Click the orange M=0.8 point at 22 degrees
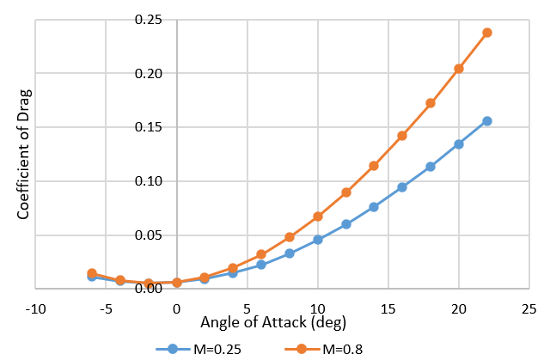coord(487,33)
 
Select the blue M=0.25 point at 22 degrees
coord(487,121)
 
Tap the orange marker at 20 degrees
coord(459,69)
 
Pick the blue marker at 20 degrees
coord(459,144)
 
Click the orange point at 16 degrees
coord(402,136)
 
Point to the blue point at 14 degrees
coord(374,207)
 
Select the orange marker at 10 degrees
coord(318,217)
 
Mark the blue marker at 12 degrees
coord(346,224)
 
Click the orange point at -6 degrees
coord(92,273)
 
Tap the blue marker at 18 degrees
coord(431,167)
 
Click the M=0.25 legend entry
coord(192,349)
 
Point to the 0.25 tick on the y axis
coord(149,20)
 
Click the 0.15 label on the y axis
coord(149,127)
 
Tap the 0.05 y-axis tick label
coord(149,235)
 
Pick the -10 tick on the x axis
coord(35,307)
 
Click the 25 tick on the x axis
coord(529,307)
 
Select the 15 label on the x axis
coord(388,307)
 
